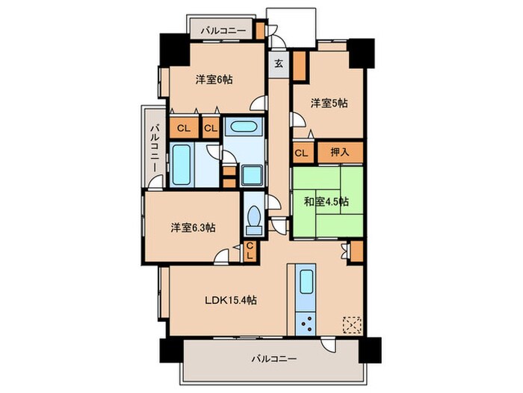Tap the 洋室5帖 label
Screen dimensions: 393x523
coord(329,104)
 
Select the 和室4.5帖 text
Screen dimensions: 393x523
coord(327,201)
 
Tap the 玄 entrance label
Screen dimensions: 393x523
coord(278,63)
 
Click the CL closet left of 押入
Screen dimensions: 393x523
coord(301,153)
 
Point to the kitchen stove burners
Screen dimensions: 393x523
coord(306,323)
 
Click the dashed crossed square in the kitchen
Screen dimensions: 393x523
coord(351,324)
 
